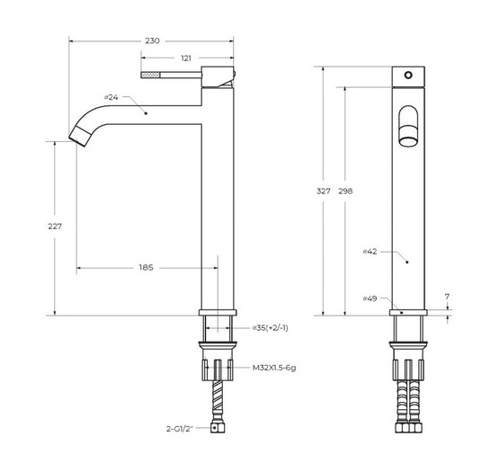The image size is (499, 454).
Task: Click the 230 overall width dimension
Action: [152, 40]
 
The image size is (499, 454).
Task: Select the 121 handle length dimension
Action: [186, 58]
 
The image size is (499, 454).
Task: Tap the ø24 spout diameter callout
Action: [111, 97]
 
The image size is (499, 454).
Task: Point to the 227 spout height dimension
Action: [55, 227]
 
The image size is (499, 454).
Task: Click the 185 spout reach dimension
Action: [146, 268]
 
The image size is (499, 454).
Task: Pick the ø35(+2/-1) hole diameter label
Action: [271, 328]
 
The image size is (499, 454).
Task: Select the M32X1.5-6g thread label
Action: [274, 368]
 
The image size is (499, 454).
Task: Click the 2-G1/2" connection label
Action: [180, 429]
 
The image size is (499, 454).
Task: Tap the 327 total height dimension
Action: [324, 191]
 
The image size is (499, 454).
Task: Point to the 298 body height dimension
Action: [345, 191]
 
